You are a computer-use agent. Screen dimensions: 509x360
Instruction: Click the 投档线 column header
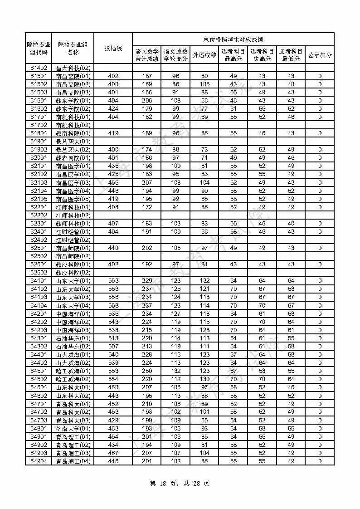click(x=113, y=48)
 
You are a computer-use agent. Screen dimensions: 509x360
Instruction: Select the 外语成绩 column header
click(x=204, y=55)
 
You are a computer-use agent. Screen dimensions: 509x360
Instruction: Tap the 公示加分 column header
click(x=320, y=55)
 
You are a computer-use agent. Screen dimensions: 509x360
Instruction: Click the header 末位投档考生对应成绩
click(x=233, y=39)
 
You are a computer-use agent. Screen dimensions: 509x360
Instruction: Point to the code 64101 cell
click(x=39, y=281)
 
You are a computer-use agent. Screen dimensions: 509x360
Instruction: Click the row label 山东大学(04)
click(x=73, y=305)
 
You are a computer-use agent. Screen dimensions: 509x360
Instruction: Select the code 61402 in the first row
click(x=39, y=68)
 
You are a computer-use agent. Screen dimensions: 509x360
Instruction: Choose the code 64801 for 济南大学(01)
click(x=39, y=429)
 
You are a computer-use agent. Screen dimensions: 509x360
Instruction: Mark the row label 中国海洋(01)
click(x=73, y=313)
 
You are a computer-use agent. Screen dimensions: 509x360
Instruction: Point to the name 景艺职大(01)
click(x=73, y=142)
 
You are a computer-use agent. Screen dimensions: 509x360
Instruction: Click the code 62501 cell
click(x=39, y=248)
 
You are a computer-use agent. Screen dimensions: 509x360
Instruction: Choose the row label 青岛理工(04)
click(x=73, y=461)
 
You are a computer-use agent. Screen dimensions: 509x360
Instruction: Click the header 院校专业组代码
click(x=39, y=48)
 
